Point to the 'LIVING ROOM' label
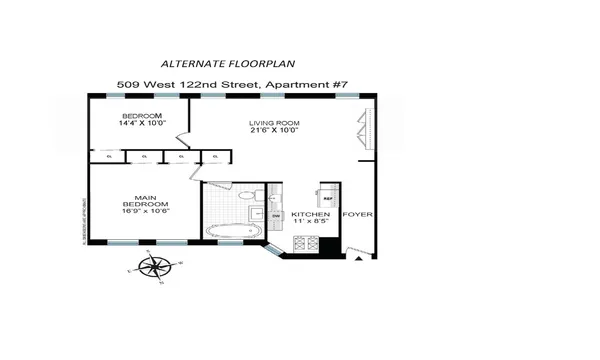click(x=274, y=124)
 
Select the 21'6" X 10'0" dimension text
click(x=274, y=133)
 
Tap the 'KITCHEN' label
click(x=311, y=215)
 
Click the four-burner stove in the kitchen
click(x=304, y=243)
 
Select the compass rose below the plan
click(x=153, y=267)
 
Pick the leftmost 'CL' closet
click(x=107, y=155)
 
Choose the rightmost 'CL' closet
click(x=216, y=155)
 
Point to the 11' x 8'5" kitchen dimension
click(x=311, y=225)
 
